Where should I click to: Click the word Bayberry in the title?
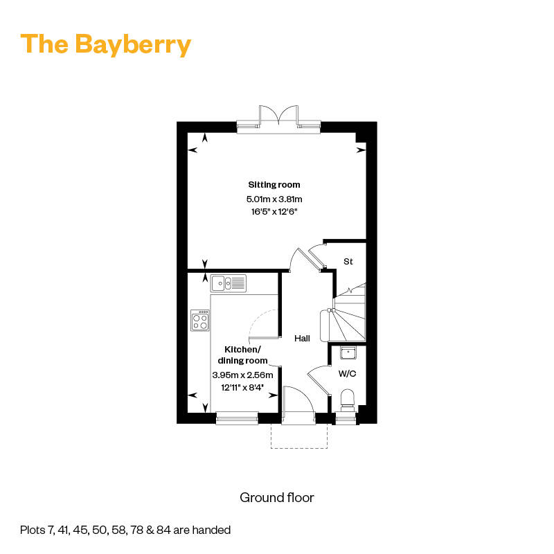tap(133, 45)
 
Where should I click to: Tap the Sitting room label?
tap(274, 184)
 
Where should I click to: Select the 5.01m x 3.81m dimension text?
tap(274, 199)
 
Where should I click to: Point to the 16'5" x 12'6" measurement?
tap(274, 212)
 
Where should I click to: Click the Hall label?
tap(302, 339)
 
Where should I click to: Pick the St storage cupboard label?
tap(348, 262)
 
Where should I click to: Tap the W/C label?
tap(348, 373)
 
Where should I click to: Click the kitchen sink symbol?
tap(229, 283)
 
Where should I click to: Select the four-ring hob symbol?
tap(200, 321)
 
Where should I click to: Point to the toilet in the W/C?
tap(348, 400)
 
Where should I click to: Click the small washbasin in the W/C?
tap(348, 352)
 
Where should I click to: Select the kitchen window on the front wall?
tap(237, 418)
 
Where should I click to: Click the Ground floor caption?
tap(277, 497)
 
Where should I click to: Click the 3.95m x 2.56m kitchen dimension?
tap(243, 375)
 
